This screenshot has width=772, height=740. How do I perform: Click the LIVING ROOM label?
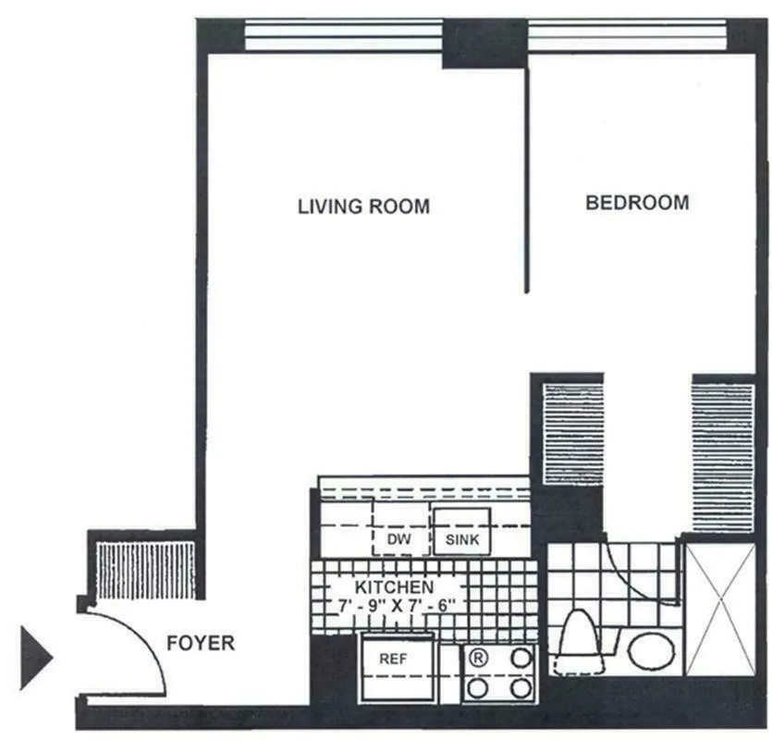[363, 206]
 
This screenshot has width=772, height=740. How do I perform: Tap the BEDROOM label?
[637, 203]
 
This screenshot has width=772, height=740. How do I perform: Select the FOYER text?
[201, 643]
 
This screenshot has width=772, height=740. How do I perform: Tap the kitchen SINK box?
[462, 537]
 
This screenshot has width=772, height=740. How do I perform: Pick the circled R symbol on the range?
[479, 659]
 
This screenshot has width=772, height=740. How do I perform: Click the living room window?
[343, 37]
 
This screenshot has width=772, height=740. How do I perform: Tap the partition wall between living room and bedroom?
[527, 176]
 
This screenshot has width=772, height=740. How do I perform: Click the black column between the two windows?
[483, 43]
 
